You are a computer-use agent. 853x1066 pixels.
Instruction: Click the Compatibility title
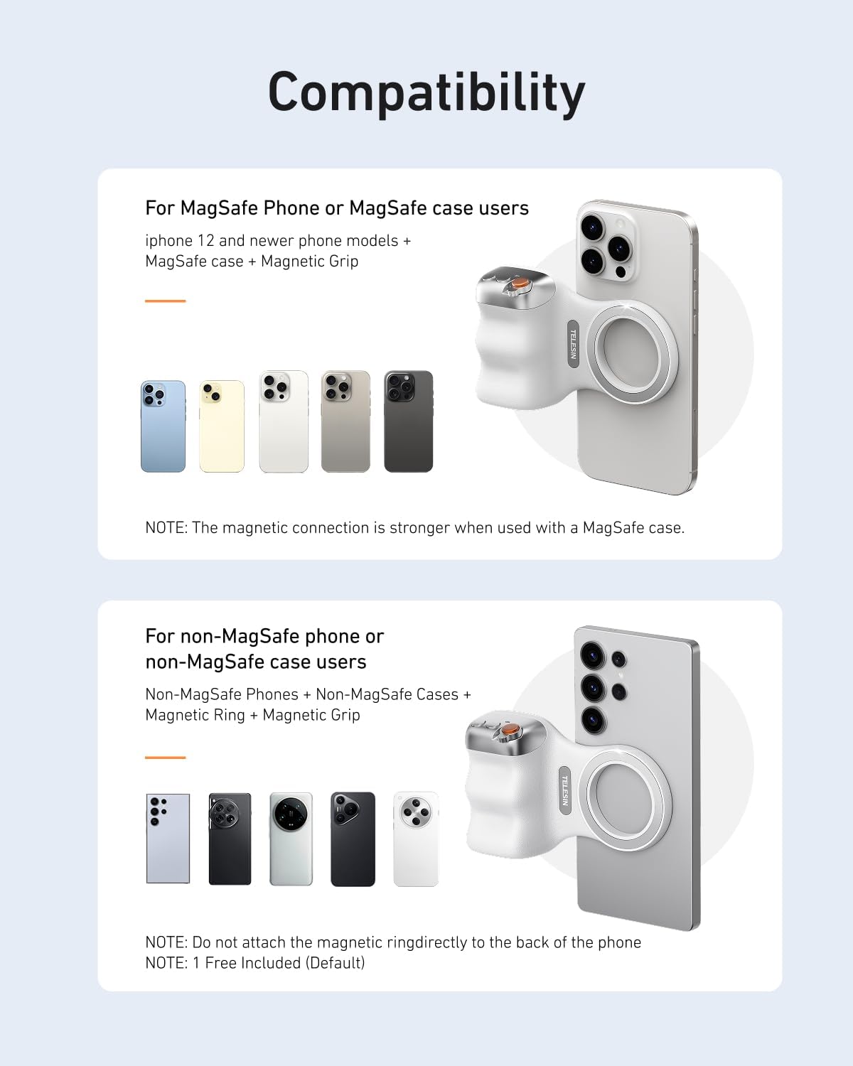tap(426, 92)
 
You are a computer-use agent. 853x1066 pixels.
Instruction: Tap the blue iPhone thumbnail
tap(163, 426)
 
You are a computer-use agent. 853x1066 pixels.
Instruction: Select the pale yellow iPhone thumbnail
tap(222, 426)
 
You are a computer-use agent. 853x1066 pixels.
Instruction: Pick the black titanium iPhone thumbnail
tap(409, 421)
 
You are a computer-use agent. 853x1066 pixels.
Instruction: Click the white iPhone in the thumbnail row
tap(284, 421)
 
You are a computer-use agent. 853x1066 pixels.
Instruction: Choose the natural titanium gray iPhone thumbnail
tap(345, 421)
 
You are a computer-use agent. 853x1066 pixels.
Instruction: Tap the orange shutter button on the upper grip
tap(520, 284)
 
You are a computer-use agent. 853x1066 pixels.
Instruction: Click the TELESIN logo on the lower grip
tap(565, 790)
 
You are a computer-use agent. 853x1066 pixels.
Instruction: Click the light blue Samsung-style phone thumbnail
tap(168, 839)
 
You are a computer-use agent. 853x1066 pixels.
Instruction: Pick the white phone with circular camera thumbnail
tap(416, 839)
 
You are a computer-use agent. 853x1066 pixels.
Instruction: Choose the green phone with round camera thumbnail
tap(291, 839)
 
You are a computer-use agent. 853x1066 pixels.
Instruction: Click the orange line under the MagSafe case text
tap(165, 301)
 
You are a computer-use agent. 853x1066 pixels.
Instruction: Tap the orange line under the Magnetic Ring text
tap(165, 758)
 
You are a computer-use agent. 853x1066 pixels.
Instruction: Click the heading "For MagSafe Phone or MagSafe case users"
tap(337, 208)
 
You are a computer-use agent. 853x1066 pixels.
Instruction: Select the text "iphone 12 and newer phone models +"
tap(278, 241)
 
